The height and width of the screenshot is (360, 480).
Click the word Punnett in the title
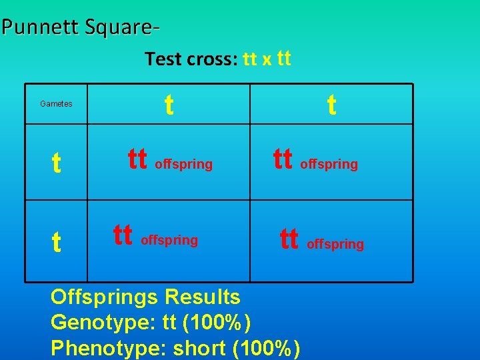(39, 27)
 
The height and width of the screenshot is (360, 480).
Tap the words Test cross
(191, 59)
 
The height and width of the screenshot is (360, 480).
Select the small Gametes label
(56, 104)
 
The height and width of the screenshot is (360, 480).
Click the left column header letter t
(169, 104)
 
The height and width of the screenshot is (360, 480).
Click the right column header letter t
(331, 104)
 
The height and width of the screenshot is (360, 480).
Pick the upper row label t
(57, 163)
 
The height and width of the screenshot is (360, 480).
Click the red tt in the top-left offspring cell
(137, 159)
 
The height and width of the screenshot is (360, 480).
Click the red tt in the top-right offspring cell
(283, 159)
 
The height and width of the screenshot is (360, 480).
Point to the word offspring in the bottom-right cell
(335, 245)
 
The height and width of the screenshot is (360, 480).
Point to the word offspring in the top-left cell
(184, 164)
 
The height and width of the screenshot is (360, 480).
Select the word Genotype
(103, 323)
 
